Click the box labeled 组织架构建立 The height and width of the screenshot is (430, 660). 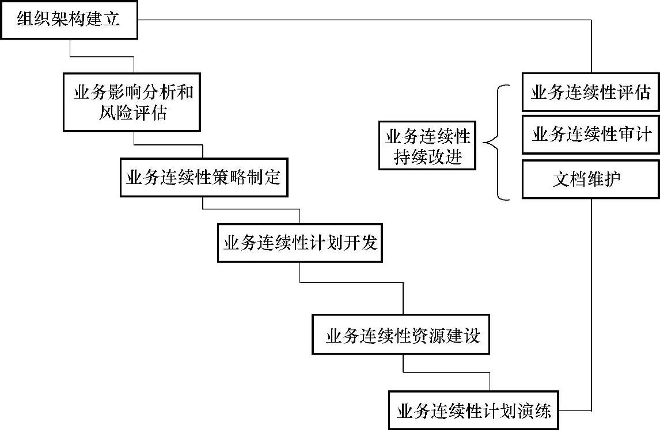(69, 20)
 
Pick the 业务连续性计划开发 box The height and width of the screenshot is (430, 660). (300, 243)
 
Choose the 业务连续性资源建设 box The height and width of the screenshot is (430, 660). (403, 335)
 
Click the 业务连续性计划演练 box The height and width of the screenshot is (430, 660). (473, 410)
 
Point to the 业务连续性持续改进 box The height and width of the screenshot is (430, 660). (427, 145)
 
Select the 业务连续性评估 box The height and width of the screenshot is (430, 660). (591, 92)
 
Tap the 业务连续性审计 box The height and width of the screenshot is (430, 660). (591, 135)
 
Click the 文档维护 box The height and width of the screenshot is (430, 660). (591, 179)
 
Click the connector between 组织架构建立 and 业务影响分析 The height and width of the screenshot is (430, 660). (101, 56)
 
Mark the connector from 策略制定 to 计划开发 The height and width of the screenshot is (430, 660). (251, 209)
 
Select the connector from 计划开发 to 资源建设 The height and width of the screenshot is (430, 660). (351, 282)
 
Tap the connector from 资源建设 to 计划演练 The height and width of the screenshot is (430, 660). (446, 373)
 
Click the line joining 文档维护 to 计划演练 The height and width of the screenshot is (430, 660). (591, 305)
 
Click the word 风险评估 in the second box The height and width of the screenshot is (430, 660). (133, 113)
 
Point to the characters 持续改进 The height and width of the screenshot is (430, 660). (427, 156)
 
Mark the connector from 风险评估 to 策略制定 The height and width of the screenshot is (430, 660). (168, 144)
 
